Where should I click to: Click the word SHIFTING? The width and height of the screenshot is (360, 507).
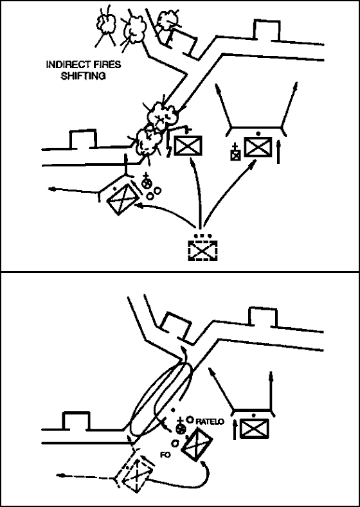click(x=83, y=76)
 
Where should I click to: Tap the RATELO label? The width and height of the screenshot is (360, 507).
click(x=210, y=422)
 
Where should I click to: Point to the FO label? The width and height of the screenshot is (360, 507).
click(x=165, y=454)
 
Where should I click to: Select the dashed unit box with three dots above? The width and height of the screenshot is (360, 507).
click(x=203, y=250)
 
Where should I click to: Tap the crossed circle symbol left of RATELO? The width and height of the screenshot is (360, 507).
click(x=180, y=428)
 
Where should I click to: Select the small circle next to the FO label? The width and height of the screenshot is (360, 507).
click(x=175, y=443)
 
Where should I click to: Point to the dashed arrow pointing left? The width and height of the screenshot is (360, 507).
click(x=87, y=477)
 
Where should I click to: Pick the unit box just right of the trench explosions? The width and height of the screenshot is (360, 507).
click(x=188, y=145)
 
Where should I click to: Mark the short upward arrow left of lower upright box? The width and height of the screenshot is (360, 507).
click(x=235, y=429)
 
